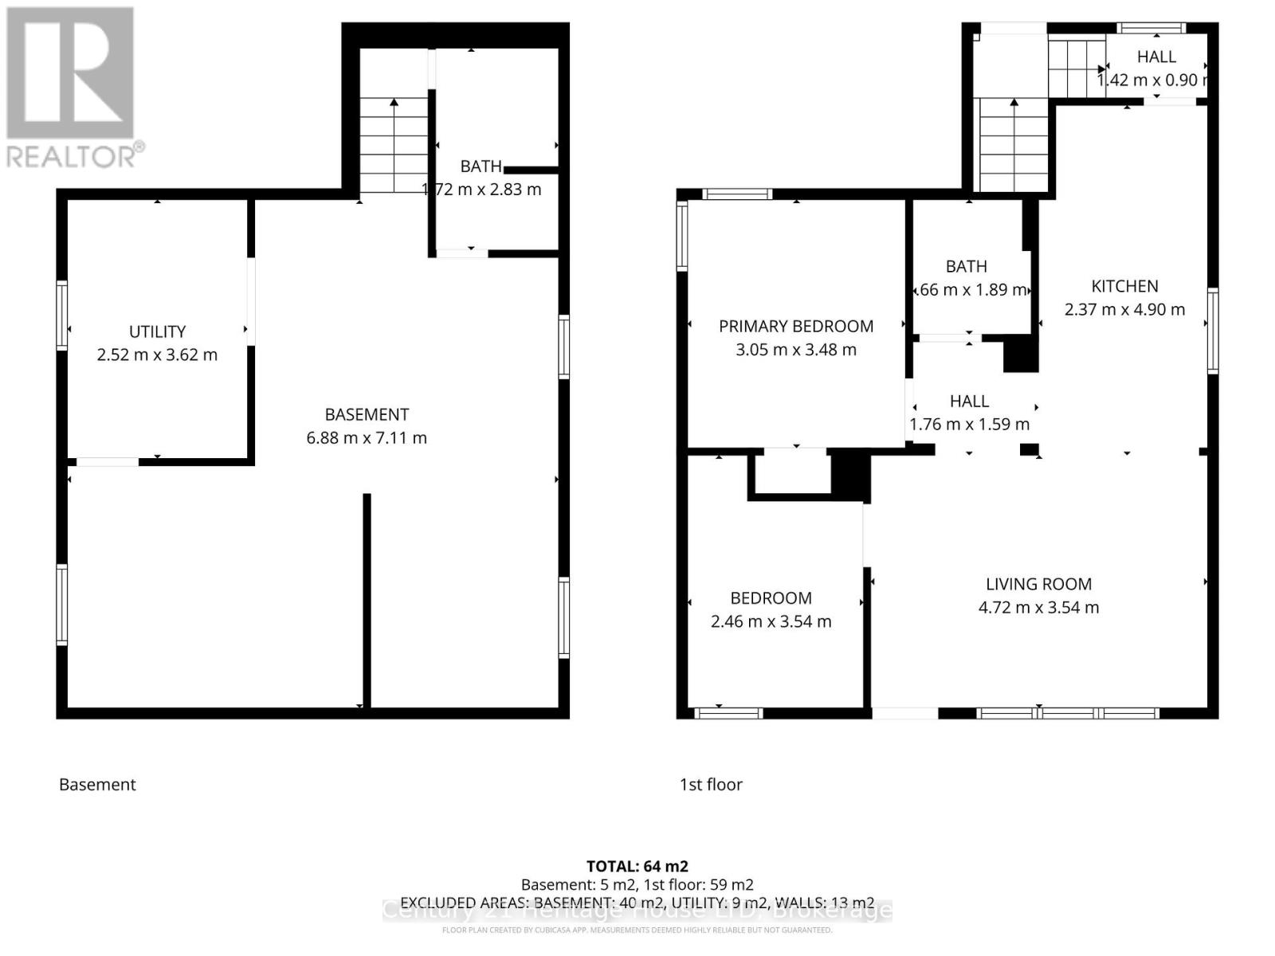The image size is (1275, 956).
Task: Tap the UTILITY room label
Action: point(157,331)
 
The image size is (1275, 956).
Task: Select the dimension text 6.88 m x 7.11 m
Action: point(367,437)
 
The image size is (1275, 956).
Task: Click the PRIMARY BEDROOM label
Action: point(795,326)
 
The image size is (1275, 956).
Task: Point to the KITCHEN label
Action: point(1124,286)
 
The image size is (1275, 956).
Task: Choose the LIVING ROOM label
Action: point(1038,584)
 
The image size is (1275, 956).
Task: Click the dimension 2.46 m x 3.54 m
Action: point(771,621)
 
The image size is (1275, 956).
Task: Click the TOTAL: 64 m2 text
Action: point(637,866)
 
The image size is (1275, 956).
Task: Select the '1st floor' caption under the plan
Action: point(711,785)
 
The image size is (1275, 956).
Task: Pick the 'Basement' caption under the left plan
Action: point(97,785)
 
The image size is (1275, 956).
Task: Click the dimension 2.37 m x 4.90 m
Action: point(1124,309)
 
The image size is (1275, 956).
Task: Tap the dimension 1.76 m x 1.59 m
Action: point(969,424)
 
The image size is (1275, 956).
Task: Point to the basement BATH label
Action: point(481,167)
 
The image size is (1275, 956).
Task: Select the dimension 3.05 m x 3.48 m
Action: point(795,349)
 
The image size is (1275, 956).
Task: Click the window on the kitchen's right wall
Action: point(1212,331)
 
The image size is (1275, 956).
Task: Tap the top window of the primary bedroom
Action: point(737,194)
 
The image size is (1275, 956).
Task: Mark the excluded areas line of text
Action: point(637,903)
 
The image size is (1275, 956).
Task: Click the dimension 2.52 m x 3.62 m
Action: point(157,355)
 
